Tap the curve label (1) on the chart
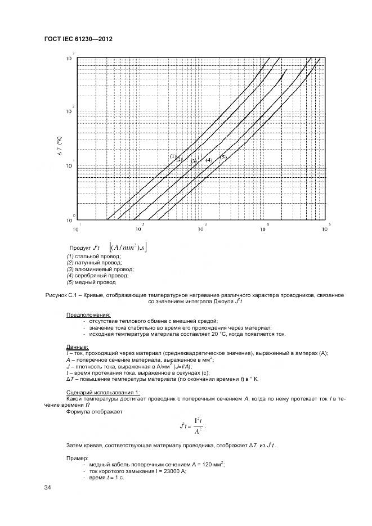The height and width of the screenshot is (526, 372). (x=173, y=156)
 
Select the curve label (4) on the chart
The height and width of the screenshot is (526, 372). (x=208, y=160)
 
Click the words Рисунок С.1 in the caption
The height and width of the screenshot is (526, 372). (x=58, y=295)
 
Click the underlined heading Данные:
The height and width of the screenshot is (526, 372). (x=77, y=347)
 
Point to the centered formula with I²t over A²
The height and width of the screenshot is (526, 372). (x=193, y=426)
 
